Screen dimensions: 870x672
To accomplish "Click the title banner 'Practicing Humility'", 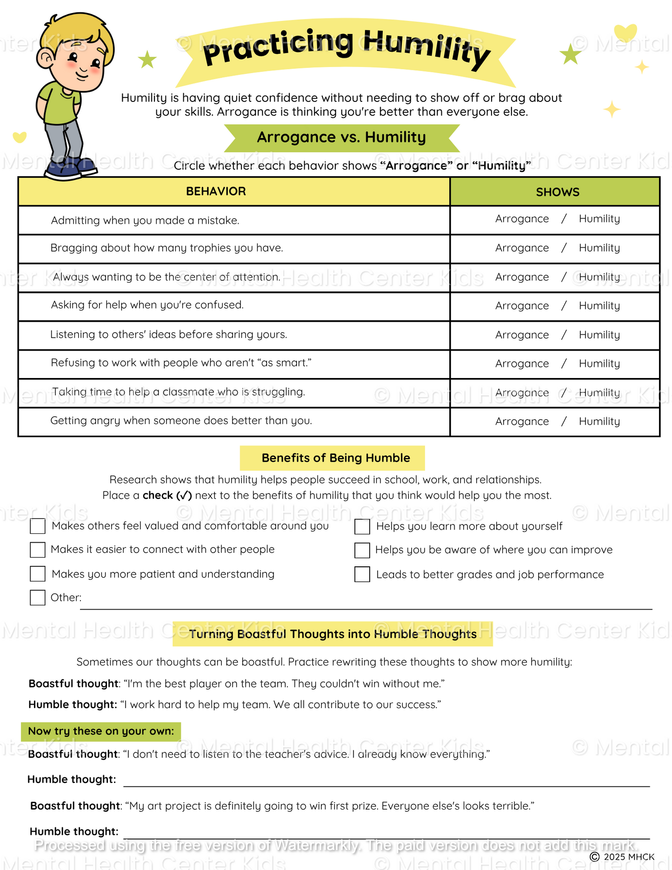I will pyautogui.click(x=346, y=49).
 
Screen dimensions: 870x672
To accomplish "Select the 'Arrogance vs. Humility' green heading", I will pyautogui.click(x=341, y=138).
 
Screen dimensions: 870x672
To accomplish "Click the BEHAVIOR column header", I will pyautogui.click(x=216, y=192).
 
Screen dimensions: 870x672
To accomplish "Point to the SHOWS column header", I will pyautogui.click(x=557, y=192).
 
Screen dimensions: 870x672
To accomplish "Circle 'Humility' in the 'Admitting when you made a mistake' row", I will pyautogui.click(x=599, y=219).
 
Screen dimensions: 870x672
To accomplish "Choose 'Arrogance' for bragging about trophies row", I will pyautogui.click(x=522, y=248).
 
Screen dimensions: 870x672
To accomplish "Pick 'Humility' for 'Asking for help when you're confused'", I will pyautogui.click(x=599, y=306).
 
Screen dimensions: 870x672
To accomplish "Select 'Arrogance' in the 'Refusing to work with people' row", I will pyautogui.click(x=522, y=364).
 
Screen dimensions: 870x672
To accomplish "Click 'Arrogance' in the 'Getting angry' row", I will pyautogui.click(x=522, y=422).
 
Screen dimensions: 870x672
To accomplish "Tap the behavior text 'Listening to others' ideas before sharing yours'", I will pyautogui.click(x=168, y=335).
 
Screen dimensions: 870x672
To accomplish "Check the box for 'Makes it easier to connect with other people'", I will pyautogui.click(x=38, y=550).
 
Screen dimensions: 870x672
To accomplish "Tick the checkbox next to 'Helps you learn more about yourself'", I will pyautogui.click(x=362, y=526).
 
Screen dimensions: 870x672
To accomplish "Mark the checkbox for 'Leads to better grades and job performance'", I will pyautogui.click(x=362, y=574).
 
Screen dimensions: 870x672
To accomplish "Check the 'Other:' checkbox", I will pyautogui.click(x=38, y=598).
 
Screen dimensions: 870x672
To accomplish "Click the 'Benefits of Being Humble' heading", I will pyautogui.click(x=335, y=458).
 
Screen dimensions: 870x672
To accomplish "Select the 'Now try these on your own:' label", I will pyautogui.click(x=101, y=731).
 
